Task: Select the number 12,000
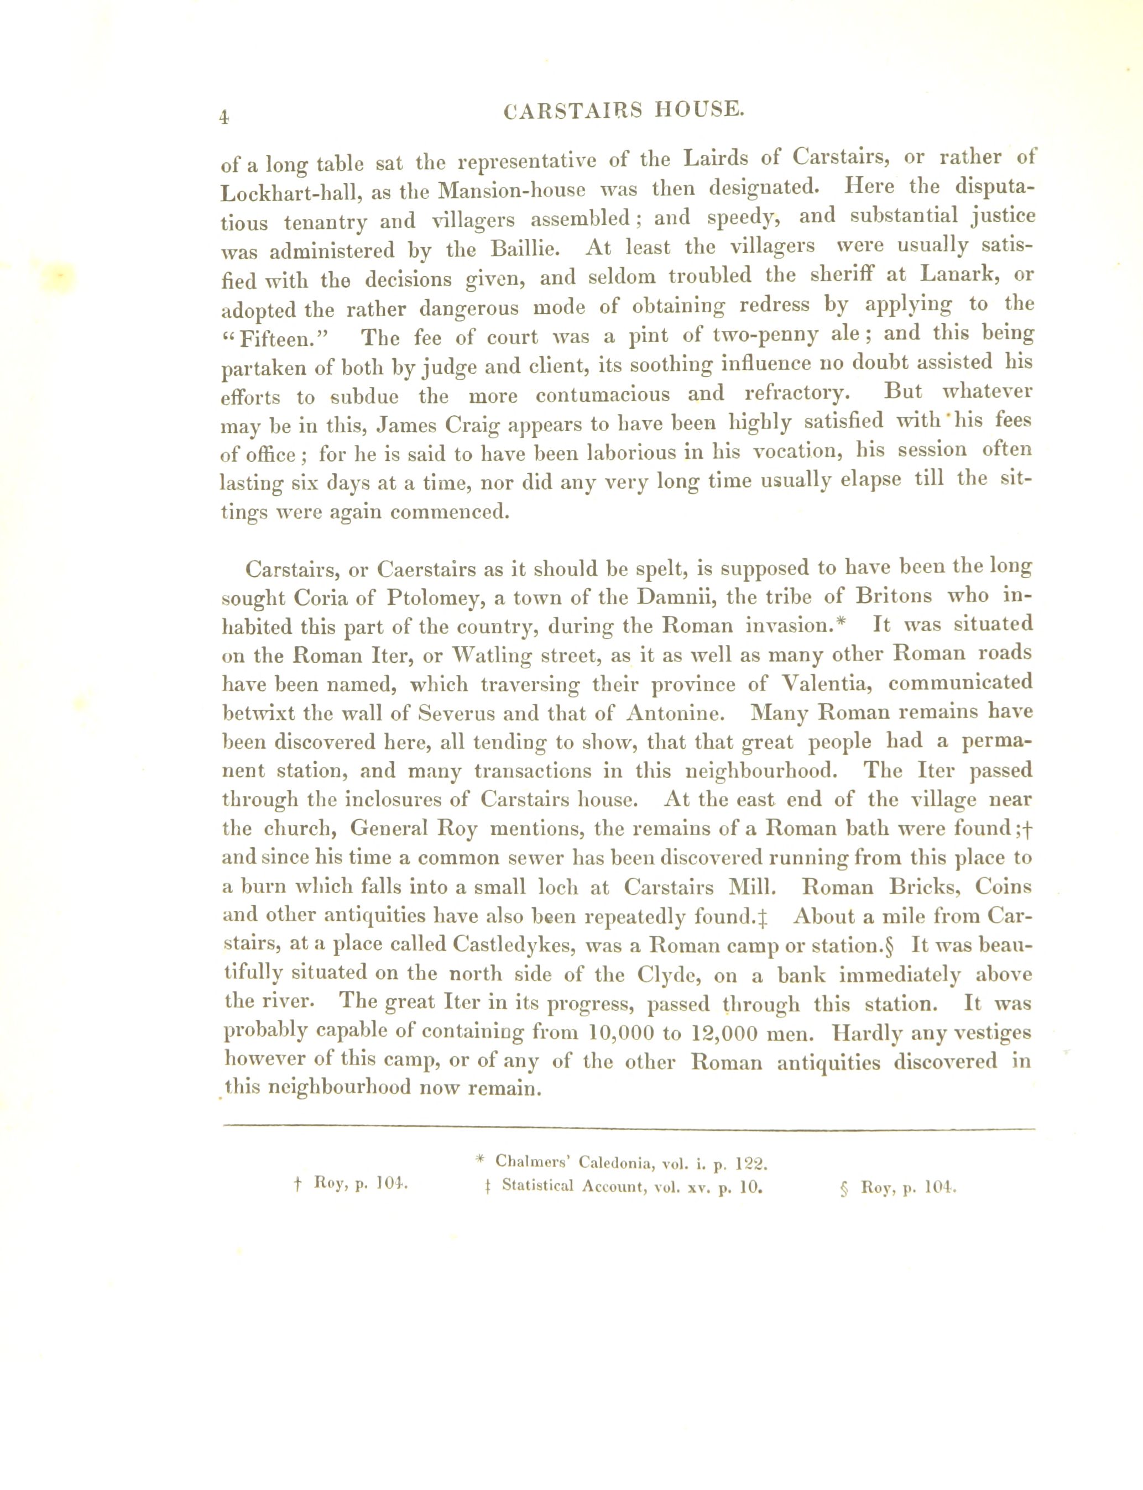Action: tap(721, 1033)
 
